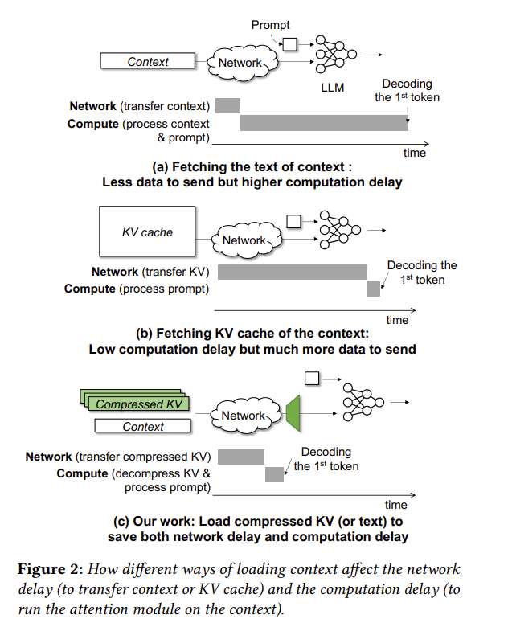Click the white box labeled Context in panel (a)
[148, 61]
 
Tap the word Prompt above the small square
[271, 26]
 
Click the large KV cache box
[147, 232]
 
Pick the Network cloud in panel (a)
[241, 63]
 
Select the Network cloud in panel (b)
[244, 240]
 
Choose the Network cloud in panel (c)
[243, 416]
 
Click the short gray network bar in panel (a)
[228, 105]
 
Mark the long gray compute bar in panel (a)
[324, 123]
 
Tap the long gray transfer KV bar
[292, 272]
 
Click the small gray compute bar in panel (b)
[373, 289]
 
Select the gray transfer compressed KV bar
[241, 457]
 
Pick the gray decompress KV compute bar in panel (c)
[274, 474]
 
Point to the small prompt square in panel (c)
[310, 377]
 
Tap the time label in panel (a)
[415, 153]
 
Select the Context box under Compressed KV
[144, 427]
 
